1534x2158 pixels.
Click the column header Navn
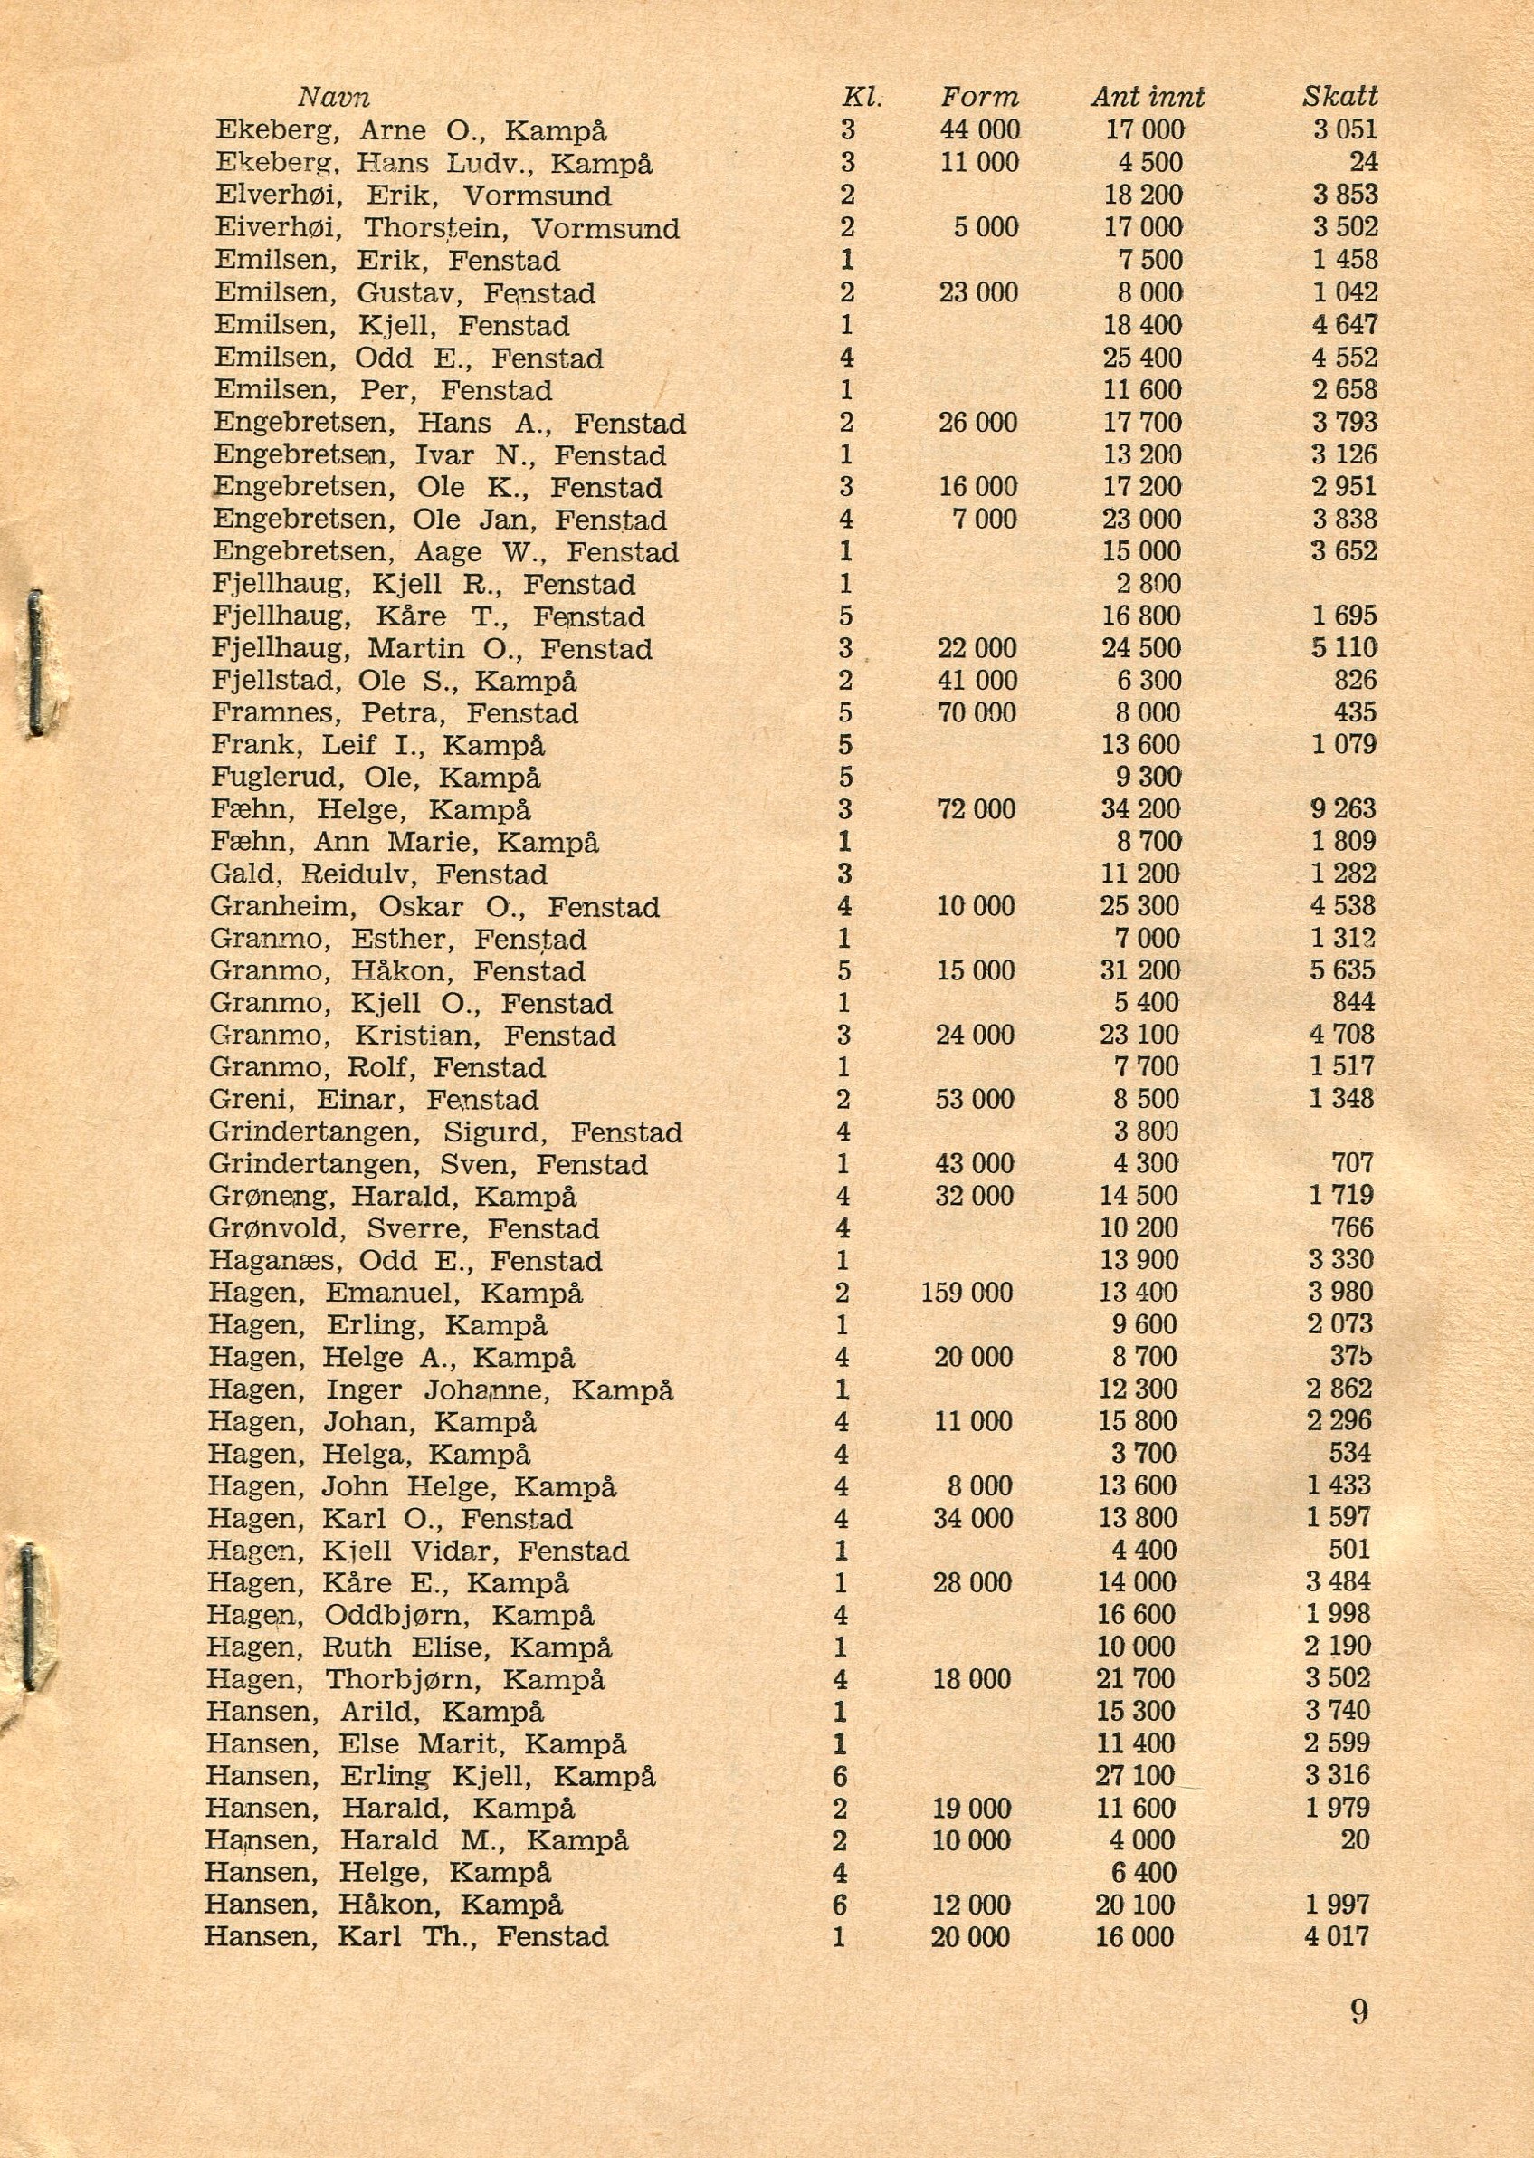click(333, 98)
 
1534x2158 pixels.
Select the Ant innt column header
click(1148, 98)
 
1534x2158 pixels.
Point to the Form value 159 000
click(967, 1292)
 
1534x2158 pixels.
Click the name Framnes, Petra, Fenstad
click(395, 713)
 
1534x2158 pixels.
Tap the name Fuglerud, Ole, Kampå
click(376, 778)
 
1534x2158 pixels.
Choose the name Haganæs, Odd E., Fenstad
click(405, 1260)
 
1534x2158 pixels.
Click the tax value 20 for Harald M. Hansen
click(1355, 1839)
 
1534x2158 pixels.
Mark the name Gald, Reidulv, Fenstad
click(379, 874)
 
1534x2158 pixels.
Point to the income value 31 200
click(1139, 970)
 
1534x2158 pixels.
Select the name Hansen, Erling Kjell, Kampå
click(431, 1775)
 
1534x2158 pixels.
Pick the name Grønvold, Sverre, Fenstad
click(405, 1228)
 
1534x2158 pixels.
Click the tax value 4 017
click(1337, 1936)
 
